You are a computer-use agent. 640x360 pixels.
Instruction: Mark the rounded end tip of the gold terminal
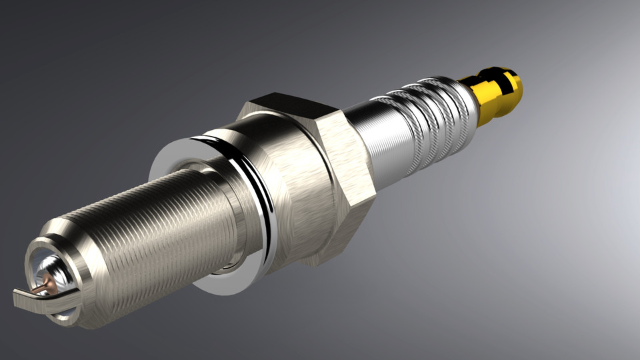click(x=516, y=83)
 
